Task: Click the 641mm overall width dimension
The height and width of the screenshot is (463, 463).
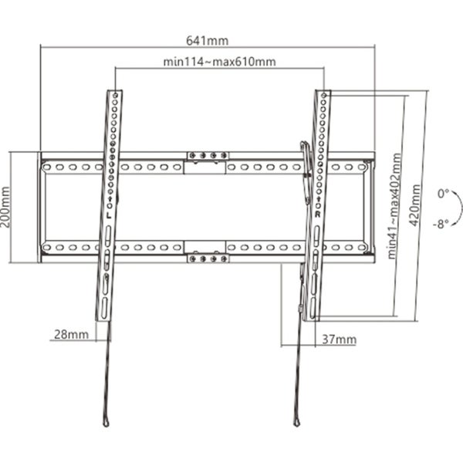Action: [x=208, y=40]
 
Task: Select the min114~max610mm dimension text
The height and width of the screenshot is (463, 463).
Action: [x=220, y=62]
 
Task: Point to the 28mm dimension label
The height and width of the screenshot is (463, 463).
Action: [x=70, y=334]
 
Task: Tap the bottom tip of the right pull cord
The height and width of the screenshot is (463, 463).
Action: [x=296, y=421]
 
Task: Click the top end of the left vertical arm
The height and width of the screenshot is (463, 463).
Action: [x=113, y=93]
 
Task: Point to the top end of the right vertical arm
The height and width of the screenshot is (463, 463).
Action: [x=324, y=93]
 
